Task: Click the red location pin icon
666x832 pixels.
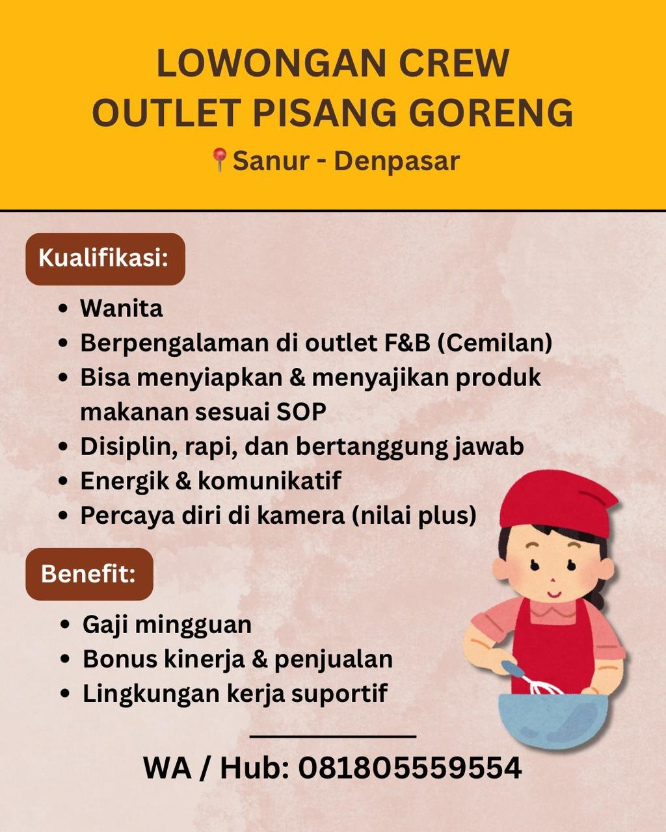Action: coord(220,160)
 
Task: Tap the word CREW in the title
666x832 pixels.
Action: coord(454,63)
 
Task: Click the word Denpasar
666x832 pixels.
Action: coord(397,161)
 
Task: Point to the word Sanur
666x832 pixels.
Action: coord(271,161)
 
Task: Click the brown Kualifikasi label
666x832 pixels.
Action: coord(105,259)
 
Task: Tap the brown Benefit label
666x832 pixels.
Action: coord(89,574)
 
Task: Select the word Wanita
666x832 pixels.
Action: coord(122,309)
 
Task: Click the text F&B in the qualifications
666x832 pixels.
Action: coord(406,343)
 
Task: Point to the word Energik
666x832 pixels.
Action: coord(125,481)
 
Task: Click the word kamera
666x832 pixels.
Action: coord(300,515)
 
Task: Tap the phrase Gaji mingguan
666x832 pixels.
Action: coord(167,625)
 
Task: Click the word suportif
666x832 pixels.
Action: coord(339,694)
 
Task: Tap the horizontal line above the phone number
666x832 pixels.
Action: coord(333,736)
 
